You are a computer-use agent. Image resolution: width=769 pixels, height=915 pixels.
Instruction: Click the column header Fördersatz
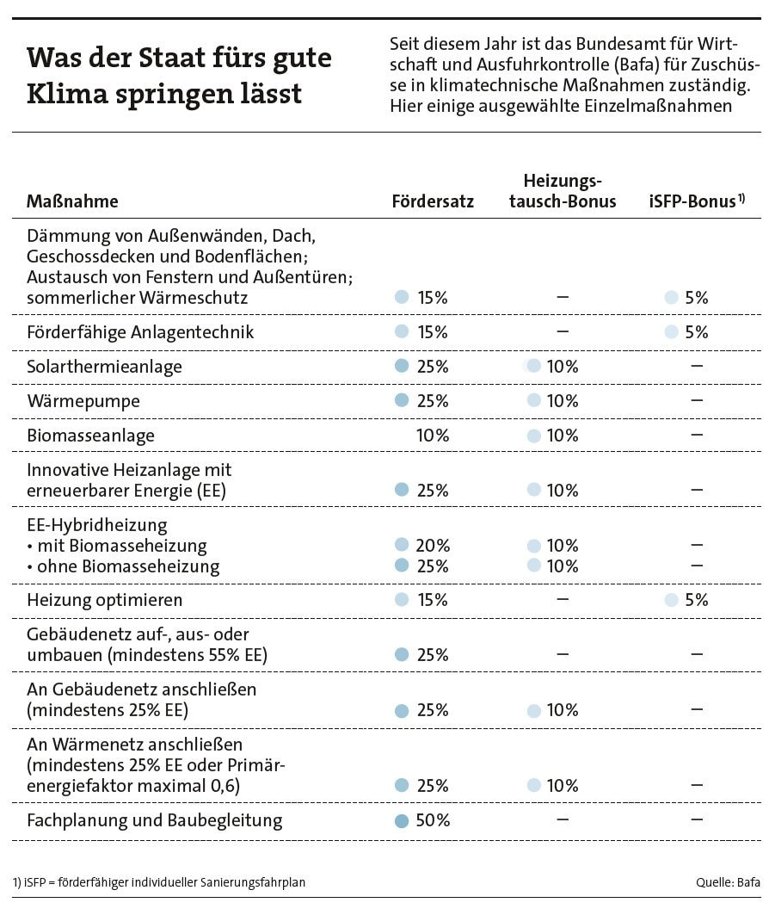[x=433, y=201]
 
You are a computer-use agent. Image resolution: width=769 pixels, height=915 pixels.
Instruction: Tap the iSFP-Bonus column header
[x=696, y=201]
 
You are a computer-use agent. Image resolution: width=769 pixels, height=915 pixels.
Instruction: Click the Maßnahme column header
[x=72, y=201]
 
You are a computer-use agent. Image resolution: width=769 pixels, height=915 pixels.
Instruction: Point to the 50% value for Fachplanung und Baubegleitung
[x=433, y=820]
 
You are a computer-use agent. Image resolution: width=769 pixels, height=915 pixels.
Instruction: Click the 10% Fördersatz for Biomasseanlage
[x=433, y=436]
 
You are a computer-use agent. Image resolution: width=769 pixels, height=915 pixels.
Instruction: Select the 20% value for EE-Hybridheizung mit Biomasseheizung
[x=433, y=546]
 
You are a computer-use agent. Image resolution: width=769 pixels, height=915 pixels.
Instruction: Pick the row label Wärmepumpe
[x=83, y=401]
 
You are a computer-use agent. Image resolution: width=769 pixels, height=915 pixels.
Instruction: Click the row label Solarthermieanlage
[x=104, y=367]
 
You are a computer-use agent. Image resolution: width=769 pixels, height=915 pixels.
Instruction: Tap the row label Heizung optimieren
[x=104, y=600]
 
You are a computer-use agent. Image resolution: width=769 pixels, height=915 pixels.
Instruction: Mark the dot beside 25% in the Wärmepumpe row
[x=401, y=400]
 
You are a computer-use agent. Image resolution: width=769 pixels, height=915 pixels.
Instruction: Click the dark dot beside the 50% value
[x=401, y=821]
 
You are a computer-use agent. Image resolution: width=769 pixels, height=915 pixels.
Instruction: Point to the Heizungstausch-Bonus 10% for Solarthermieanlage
[x=562, y=367]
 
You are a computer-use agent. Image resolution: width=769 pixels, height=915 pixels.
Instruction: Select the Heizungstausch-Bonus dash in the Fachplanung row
[x=563, y=819]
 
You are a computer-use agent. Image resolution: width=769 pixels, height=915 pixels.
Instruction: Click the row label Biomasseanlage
[x=91, y=436]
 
